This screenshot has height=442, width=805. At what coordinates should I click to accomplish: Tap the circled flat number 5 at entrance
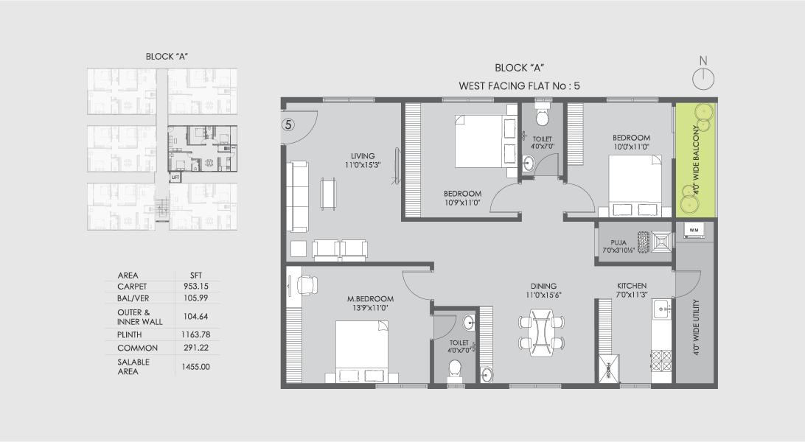click(x=289, y=124)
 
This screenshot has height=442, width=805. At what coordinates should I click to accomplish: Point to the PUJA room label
click(x=619, y=242)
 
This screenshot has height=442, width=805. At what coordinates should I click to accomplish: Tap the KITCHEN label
click(x=632, y=286)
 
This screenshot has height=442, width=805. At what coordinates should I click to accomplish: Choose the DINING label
click(x=543, y=287)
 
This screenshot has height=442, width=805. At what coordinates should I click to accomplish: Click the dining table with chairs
click(x=542, y=332)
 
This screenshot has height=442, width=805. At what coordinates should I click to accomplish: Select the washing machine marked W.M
click(x=694, y=231)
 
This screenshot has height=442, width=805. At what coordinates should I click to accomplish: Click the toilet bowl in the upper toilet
click(x=543, y=117)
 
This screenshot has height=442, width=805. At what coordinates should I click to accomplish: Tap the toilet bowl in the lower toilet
click(x=455, y=368)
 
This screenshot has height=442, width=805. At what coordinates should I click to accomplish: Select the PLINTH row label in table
click(x=130, y=334)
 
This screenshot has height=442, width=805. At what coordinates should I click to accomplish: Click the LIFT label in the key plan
click(x=175, y=177)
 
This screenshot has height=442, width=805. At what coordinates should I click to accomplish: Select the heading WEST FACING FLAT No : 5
click(x=519, y=85)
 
